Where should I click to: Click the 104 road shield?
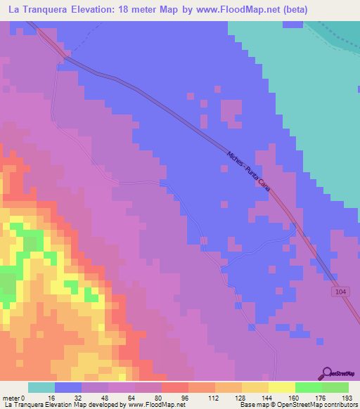[x=341, y=290]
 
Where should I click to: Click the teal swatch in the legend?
[x=41, y=388]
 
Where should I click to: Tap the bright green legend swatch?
[x=309, y=388]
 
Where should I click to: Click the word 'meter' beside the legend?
[x=12, y=398]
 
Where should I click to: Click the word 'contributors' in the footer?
[x=340, y=405]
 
